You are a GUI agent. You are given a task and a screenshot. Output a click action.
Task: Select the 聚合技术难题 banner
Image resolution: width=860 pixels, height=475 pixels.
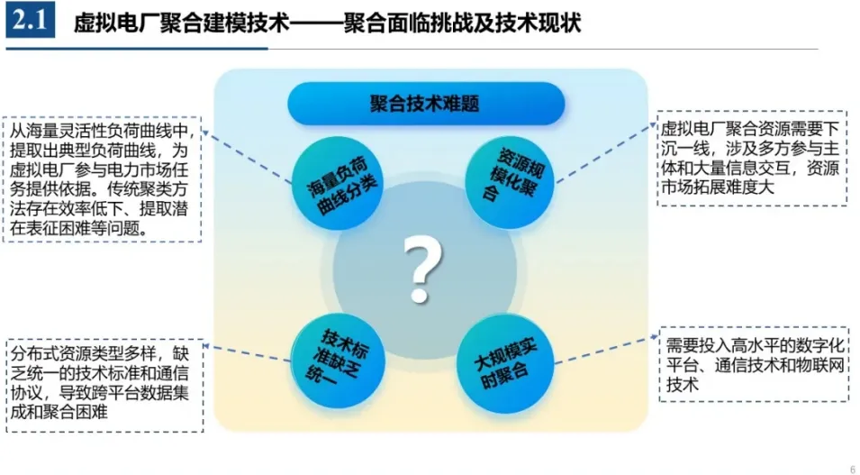425,104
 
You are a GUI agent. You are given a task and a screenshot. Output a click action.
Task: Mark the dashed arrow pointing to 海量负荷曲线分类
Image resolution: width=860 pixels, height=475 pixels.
248,155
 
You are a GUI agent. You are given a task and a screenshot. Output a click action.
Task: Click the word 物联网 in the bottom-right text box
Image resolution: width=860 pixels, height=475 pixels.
821,366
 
